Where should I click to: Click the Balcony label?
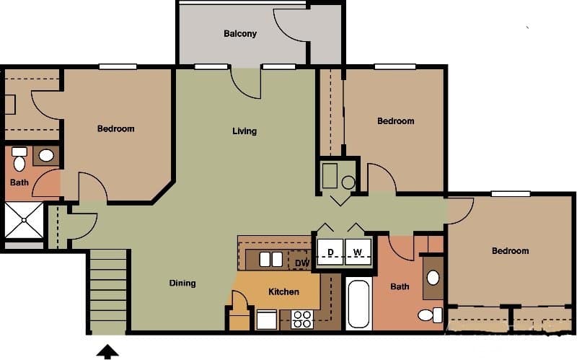pyautogui.click(x=240, y=34)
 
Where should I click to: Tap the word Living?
pyautogui.click(x=245, y=131)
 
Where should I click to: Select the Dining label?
pyautogui.click(x=182, y=283)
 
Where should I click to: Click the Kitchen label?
pyautogui.click(x=283, y=292)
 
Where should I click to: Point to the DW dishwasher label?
pyautogui.click(x=301, y=263)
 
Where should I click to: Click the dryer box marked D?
pyautogui.click(x=330, y=252)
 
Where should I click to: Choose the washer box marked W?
pyautogui.click(x=358, y=252)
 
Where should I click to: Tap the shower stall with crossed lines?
pyautogui.click(x=24, y=219)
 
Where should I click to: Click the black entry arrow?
pyautogui.click(x=108, y=351)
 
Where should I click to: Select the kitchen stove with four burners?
pyautogui.click(x=302, y=319)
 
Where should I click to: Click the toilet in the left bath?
pyautogui.click(x=19, y=157)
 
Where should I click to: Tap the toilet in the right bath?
pyautogui.click(x=431, y=315)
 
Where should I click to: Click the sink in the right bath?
pyautogui.click(x=433, y=278)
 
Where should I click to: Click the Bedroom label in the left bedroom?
pyautogui.click(x=115, y=129)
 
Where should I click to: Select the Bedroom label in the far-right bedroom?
pyautogui.click(x=510, y=251)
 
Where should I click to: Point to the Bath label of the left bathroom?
pyautogui.click(x=19, y=183)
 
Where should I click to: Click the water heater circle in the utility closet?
pyautogui.click(x=348, y=183)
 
